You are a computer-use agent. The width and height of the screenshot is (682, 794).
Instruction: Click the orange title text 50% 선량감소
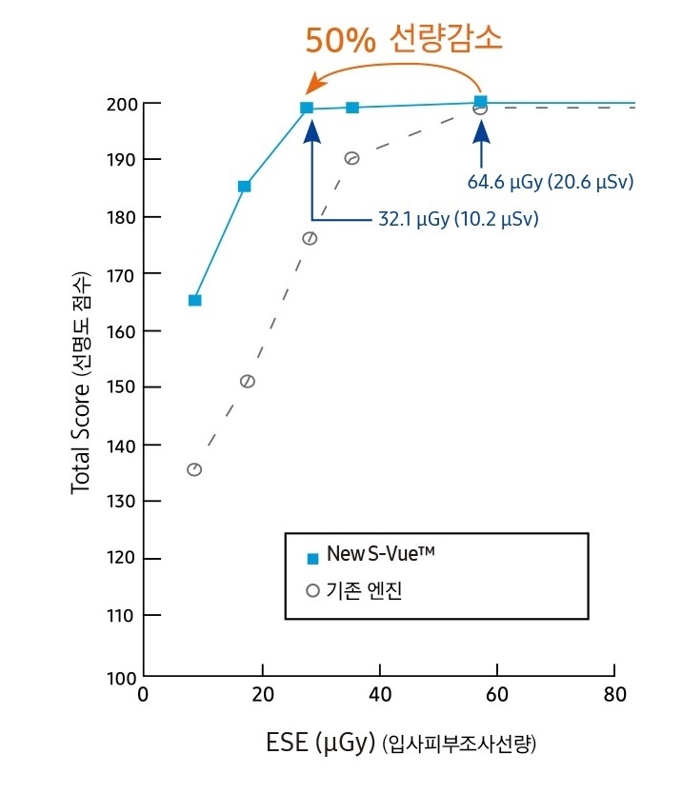[403, 39]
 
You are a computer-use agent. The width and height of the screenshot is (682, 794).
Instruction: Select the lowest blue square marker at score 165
[194, 301]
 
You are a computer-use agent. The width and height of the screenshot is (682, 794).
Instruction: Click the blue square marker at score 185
[245, 187]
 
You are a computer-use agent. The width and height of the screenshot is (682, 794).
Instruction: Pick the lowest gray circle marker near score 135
[194, 469]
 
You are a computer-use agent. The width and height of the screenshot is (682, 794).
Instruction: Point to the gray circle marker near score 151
[248, 382]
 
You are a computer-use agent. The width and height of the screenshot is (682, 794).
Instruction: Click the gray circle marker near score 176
[310, 238]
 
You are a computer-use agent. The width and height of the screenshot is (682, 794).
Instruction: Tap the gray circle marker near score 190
[351, 158]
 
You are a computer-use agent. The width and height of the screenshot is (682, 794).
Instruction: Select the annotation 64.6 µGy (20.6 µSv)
[551, 181]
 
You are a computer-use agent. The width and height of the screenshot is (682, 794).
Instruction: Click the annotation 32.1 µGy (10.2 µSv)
[456, 220]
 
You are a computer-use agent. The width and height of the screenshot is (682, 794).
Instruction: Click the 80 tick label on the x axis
[615, 694]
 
